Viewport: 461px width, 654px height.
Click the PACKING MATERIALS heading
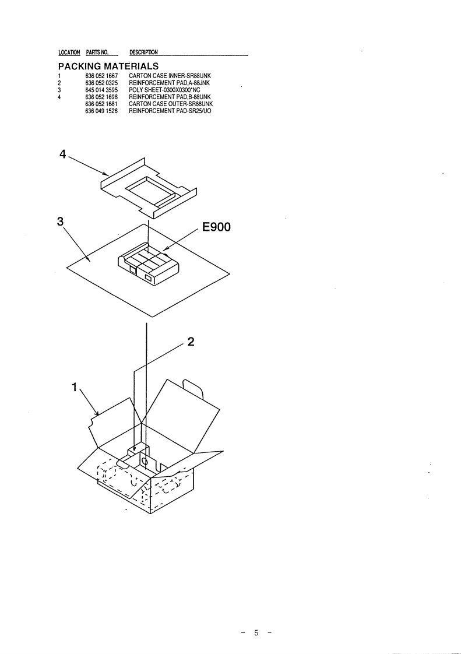[x=109, y=66]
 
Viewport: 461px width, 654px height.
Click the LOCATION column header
[x=69, y=53]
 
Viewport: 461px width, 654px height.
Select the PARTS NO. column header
[x=98, y=53]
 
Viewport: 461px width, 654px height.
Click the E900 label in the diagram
[x=216, y=227]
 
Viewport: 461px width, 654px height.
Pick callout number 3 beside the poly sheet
[x=60, y=222]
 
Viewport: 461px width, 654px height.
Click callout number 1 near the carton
[x=74, y=386]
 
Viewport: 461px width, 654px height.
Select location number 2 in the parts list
[x=60, y=83]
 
